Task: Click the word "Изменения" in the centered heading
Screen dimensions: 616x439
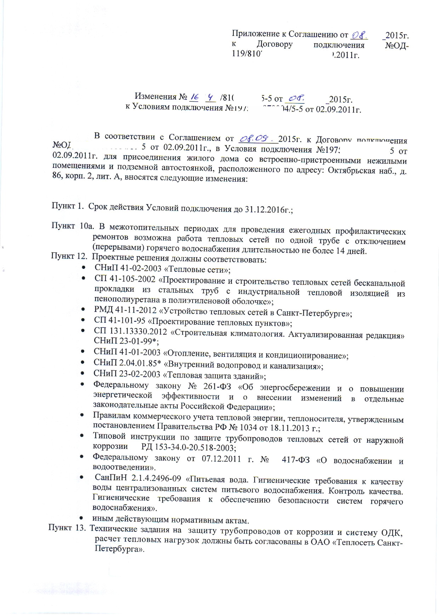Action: tap(155, 97)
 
